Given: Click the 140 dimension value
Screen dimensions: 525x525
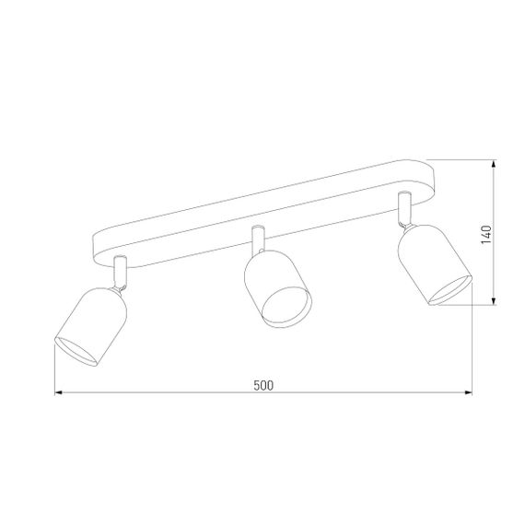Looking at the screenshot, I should (487, 234).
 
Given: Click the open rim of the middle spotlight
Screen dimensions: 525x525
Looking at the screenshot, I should (286, 308).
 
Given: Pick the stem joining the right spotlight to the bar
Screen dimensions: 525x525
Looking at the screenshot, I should (402, 209).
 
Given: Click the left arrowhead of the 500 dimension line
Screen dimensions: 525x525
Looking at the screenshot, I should (59, 393).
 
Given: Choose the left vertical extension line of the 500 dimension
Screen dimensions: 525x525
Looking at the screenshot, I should (54, 373).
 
